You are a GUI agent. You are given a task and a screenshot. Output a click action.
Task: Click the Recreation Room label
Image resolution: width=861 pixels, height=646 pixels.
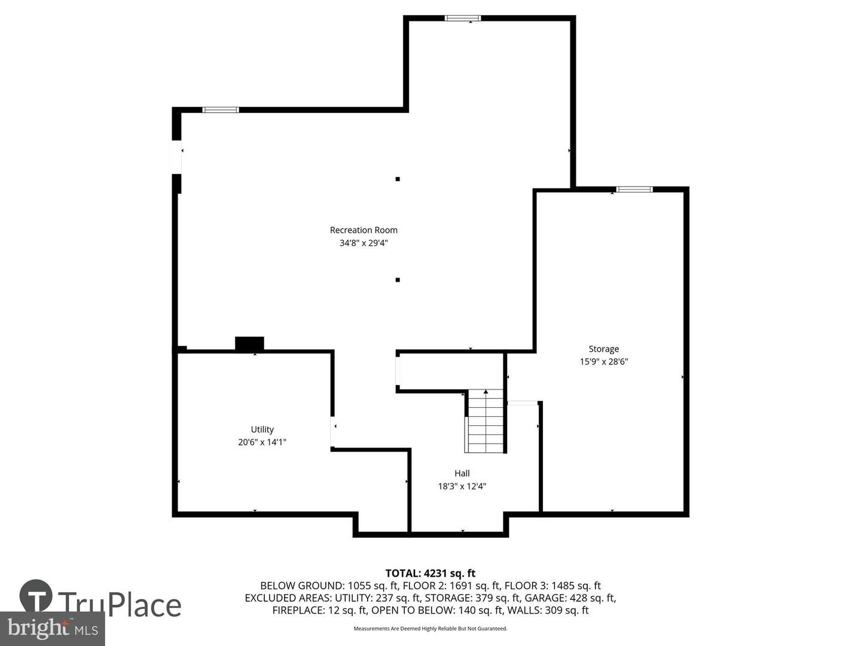pos(363,230)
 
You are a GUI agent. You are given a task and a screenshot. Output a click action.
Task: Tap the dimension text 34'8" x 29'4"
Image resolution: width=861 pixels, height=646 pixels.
pos(363,243)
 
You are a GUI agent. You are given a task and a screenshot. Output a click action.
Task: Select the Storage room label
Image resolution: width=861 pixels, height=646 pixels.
pos(604,349)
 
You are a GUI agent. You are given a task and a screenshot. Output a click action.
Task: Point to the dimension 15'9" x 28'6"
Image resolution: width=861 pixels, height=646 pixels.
pos(604,362)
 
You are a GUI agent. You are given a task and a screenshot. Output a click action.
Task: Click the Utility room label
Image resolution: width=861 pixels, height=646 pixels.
pos(262,429)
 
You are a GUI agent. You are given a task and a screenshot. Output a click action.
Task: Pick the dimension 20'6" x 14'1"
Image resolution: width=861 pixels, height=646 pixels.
pos(262,442)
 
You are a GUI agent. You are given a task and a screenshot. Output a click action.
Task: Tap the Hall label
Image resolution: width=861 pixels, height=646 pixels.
pos(462,473)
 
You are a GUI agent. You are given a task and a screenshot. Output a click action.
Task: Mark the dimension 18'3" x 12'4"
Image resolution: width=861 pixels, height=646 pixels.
pos(462,486)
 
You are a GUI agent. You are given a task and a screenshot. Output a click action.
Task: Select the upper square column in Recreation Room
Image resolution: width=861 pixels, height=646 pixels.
pos(398,179)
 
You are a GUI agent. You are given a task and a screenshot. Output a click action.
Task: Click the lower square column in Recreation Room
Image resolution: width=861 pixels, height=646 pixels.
pos(398,280)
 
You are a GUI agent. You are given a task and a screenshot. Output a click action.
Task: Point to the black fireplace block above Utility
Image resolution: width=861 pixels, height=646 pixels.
pos(249,343)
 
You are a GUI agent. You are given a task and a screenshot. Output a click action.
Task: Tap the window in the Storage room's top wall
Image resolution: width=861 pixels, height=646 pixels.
pos(634,190)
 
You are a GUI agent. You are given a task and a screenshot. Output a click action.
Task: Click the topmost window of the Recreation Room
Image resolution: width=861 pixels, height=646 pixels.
pos(462,18)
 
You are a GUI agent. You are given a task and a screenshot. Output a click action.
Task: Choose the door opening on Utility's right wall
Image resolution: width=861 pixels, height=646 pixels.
pos(332,431)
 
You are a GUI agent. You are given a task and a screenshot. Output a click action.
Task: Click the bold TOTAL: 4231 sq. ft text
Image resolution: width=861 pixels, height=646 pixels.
pos(430,574)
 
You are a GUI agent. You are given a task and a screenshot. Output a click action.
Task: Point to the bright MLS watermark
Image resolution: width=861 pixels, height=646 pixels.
pos(52,629)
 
